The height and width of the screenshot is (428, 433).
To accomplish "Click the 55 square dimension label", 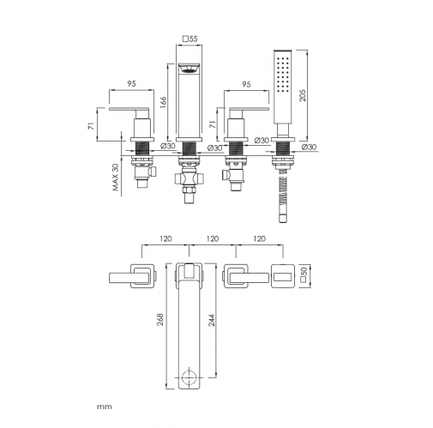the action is tap(190, 39).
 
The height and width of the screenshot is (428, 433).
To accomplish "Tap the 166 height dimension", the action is tap(163, 102).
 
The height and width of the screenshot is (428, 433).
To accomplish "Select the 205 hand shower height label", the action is tap(303, 95).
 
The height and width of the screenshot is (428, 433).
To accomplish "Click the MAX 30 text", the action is tap(115, 178).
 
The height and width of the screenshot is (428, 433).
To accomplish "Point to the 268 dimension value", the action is tap(160, 319).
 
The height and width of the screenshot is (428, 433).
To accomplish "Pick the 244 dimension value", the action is tap(211, 321).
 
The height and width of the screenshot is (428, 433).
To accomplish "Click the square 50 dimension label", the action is tap(304, 275).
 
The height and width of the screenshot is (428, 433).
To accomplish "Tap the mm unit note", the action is tap(105, 407).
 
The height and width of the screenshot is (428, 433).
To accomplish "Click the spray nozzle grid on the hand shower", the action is tap(282, 75).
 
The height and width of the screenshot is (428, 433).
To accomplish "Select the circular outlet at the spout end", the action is tap(189, 377).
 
